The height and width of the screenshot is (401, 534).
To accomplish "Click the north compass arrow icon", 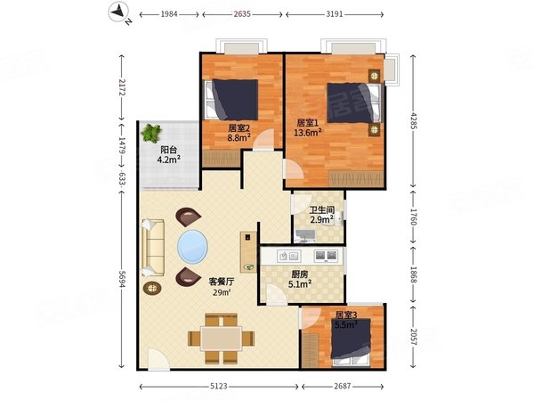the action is (x=119, y=13).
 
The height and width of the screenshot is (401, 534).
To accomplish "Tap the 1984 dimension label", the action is (x=169, y=14).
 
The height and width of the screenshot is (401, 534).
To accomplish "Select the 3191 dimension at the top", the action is (x=335, y=14).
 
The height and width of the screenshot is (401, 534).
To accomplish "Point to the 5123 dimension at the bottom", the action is (x=219, y=387).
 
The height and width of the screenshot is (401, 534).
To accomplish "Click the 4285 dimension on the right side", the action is (x=413, y=120).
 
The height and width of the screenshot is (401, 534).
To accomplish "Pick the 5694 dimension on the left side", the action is (x=122, y=278).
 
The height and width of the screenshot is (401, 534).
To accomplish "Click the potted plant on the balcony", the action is (x=151, y=134).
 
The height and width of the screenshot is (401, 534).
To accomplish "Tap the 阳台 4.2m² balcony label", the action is (x=169, y=154).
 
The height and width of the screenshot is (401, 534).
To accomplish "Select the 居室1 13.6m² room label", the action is (x=308, y=127).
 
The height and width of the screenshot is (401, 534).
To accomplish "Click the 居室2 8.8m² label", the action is (x=239, y=133).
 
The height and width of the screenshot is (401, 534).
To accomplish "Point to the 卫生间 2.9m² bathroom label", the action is (x=322, y=215).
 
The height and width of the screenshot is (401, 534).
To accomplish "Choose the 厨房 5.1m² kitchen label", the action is (x=300, y=279).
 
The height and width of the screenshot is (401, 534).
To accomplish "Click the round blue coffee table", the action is (x=192, y=247).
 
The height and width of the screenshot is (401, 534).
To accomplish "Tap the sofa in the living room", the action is (x=153, y=248).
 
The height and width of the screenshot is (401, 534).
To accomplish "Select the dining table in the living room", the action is (x=222, y=339).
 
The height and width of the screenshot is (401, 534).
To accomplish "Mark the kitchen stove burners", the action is (x=326, y=256).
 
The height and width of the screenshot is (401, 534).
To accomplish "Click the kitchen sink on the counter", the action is (x=288, y=256).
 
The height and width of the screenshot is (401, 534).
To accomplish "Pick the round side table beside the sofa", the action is (x=152, y=289).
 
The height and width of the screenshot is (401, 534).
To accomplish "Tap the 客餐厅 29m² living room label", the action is (x=222, y=287).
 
